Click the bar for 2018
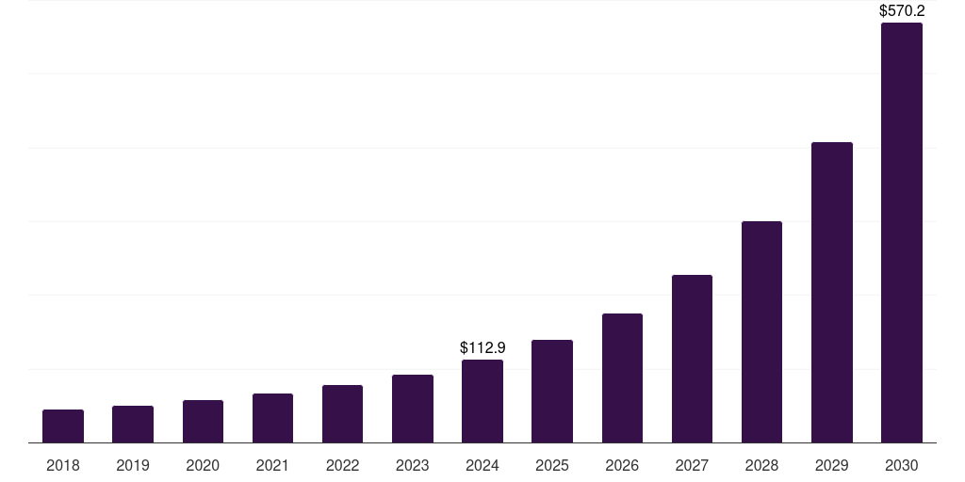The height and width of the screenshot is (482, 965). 63,426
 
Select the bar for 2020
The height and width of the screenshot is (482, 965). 203,421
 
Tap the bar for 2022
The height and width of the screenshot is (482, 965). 342,413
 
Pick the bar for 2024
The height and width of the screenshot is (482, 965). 482,401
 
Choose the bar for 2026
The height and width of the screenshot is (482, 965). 622,378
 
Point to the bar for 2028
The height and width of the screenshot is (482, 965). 761,331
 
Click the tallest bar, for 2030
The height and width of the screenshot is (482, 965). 902,233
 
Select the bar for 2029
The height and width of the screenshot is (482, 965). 832,292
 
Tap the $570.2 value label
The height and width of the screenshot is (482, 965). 902,11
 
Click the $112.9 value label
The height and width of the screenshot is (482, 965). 482,348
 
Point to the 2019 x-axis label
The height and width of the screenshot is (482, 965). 133,465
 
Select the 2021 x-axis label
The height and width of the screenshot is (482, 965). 272,465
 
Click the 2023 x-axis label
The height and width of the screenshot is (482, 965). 413,465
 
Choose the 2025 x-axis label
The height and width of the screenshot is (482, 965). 552,465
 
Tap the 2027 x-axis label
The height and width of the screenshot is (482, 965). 692,465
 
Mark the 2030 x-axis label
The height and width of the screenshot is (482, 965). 902,465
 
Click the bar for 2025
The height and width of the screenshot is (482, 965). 552,391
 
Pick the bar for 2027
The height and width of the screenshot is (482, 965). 692,359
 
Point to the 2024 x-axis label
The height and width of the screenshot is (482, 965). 482,465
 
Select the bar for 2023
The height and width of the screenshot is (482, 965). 413,409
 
